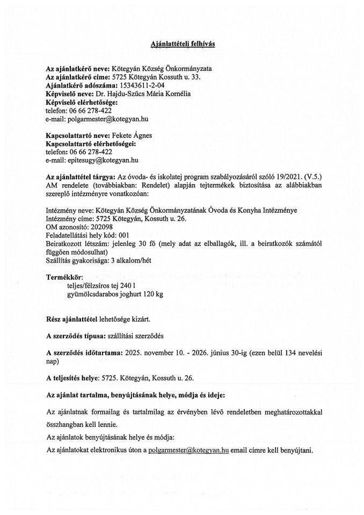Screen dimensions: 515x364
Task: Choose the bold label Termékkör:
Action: click(65, 277)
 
